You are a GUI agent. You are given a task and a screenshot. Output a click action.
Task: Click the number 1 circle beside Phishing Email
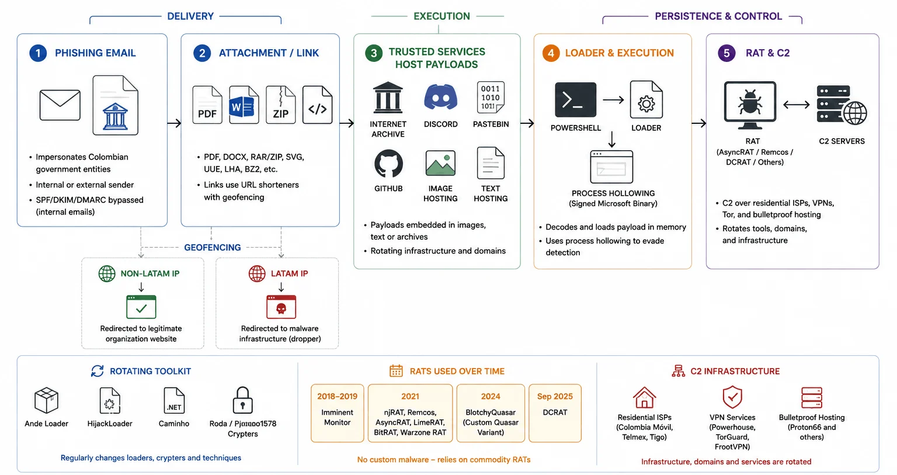click(x=38, y=53)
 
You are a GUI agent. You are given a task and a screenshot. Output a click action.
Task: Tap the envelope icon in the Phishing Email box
click(x=60, y=105)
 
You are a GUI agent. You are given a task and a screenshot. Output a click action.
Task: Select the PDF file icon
click(x=207, y=105)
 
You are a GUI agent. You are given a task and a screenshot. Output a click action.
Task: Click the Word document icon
click(x=244, y=105)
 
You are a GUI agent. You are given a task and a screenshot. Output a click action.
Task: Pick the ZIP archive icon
click(x=281, y=105)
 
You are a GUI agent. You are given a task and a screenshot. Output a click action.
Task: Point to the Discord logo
click(x=440, y=97)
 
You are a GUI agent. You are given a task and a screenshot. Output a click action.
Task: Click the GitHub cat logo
click(x=388, y=164)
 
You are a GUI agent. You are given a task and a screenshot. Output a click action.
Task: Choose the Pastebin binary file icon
click(x=491, y=98)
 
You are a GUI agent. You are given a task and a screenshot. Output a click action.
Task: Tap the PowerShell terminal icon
click(x=575, y=100)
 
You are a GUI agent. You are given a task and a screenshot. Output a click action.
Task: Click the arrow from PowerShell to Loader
click(x=613, y=100)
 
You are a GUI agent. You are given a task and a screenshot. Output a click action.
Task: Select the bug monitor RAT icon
click(x=750, y=105)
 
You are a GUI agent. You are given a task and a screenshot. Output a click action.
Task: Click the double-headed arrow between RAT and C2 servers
click(x=797, y=105)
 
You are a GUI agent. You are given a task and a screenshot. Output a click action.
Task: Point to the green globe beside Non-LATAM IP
click(x=107, y=273)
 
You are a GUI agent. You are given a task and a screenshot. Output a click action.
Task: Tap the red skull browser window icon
click(x=281, y=307)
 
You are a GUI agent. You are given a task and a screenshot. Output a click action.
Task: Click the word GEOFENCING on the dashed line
click(x=212, y=248)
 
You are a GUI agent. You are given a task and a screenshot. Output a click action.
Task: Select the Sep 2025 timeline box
click(x=555, y=413)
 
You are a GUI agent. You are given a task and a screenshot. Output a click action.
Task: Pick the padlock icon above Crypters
click(x=243, y=400)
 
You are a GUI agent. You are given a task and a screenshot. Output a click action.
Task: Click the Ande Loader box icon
click(x=47, y=400)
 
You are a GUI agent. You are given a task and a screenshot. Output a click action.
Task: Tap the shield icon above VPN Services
click(x=732, y=397)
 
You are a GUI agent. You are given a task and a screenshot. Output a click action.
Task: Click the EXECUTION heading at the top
click(x=441, y=16)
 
